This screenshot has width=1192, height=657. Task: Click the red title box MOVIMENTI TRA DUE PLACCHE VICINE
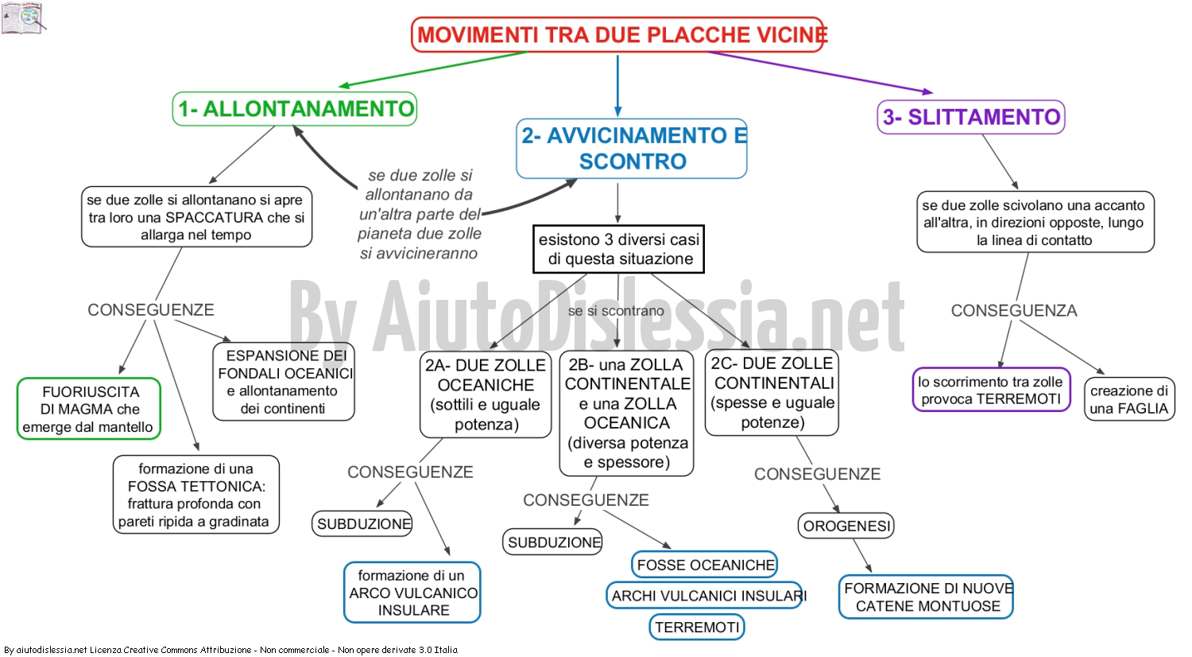pos(617,35)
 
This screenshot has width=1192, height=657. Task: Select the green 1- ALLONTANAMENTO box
pos(294,109)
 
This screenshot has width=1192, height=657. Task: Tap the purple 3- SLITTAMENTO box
pos(971,117)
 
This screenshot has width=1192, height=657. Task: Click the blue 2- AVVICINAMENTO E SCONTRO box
pos(632,149)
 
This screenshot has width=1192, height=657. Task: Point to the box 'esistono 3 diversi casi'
pos(618,250)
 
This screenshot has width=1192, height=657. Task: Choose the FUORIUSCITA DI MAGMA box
pos(89,409)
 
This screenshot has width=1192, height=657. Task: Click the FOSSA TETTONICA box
pos(195,495)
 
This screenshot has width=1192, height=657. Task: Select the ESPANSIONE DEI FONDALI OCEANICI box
pos(284,382)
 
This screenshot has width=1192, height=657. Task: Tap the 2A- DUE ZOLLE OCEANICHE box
pos(486,395)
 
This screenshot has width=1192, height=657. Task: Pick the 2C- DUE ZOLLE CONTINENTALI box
pos(772,393)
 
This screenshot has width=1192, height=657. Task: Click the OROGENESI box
pos(846,526)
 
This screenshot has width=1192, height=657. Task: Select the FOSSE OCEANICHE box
pos(705,565)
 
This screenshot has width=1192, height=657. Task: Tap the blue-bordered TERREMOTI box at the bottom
pos(697,627)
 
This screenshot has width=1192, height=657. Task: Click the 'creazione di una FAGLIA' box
pos(1129,399)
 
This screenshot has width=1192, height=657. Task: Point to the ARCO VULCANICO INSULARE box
pos(412,593)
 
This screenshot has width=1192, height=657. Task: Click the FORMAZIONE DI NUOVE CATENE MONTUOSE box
pos(926,597)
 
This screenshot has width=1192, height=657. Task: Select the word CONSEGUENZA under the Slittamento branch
pos(1014,310)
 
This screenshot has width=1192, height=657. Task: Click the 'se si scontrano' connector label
pos(616,311)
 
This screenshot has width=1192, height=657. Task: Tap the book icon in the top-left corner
pos(23,18)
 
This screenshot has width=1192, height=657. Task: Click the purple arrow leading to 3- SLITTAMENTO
pos(820,72)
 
